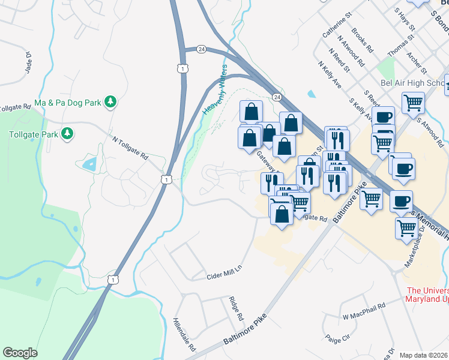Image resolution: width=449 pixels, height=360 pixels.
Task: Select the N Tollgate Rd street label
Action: click(130, 147)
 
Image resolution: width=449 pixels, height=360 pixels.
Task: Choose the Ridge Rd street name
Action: click(236, 308)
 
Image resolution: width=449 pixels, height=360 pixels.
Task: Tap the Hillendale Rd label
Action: click(185, 334)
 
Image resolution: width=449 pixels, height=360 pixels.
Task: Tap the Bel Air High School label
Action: click(412, 83)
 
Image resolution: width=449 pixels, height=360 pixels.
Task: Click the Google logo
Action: click(20, 352)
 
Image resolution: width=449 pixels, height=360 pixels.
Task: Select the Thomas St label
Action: click(400, 46)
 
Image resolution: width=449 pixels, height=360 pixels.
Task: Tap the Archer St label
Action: click(415, 60)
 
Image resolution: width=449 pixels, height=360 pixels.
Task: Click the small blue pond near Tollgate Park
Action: click(90, 163)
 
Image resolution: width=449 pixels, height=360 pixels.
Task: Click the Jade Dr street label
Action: click(28, 60)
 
